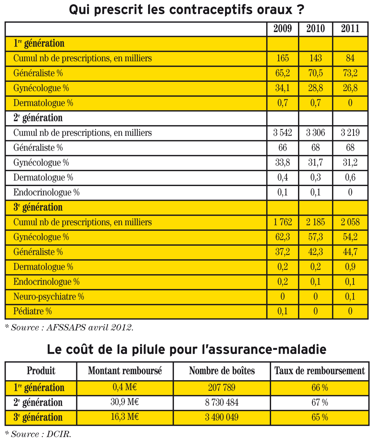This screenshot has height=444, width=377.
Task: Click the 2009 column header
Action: click(282, 29)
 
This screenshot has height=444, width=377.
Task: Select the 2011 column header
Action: click(350, 29)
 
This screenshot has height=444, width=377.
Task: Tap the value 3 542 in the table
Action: click(282, 133)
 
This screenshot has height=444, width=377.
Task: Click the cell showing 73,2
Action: click(350, 73)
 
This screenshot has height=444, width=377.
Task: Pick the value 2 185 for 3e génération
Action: click(315, 222)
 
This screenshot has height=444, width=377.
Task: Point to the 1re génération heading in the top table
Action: click(39, 43)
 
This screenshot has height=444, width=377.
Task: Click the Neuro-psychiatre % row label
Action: click(48, 297)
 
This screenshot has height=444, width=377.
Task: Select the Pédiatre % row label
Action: click(33, 312)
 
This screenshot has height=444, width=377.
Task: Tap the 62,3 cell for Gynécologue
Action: click(282, 237)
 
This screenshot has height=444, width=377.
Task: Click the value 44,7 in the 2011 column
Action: click(350, 252)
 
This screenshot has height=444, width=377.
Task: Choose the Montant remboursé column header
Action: click(125, 371)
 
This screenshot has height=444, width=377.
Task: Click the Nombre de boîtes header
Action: click(222, 371)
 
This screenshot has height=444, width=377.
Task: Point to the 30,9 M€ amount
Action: click(124, 402)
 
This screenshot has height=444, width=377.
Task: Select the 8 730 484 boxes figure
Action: click(222, 402)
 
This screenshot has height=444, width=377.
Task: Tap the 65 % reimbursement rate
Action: click(320, 417)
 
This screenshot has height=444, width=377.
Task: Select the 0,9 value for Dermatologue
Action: click(350, 267)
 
